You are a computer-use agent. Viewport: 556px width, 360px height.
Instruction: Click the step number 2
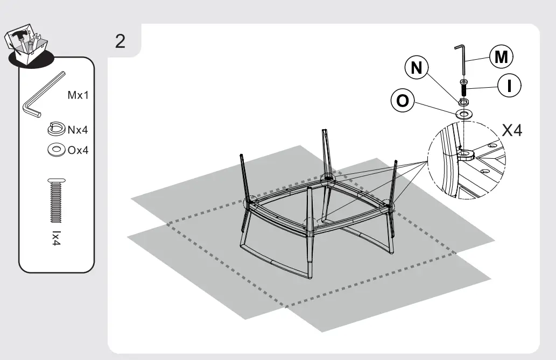click(x=121, y=41)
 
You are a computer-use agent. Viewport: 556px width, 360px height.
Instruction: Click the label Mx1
click(x=78, y=96)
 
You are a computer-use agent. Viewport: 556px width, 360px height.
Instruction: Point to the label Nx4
click(x=78, y=129)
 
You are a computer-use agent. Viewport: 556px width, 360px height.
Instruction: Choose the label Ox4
click(x=78, y=150)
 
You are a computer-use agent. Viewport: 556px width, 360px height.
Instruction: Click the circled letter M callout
click(x=501, y=57)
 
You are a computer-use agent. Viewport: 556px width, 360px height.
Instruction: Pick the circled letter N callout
click(x=416, y=68)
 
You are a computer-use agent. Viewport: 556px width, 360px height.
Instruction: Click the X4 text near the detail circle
click(x=512, y=131)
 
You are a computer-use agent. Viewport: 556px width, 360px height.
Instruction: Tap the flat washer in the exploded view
click(x=464, y=114)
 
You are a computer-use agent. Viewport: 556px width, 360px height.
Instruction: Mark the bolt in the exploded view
click(x=463, y=88)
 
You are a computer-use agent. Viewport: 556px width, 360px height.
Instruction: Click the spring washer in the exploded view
click(x=463, y=101)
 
